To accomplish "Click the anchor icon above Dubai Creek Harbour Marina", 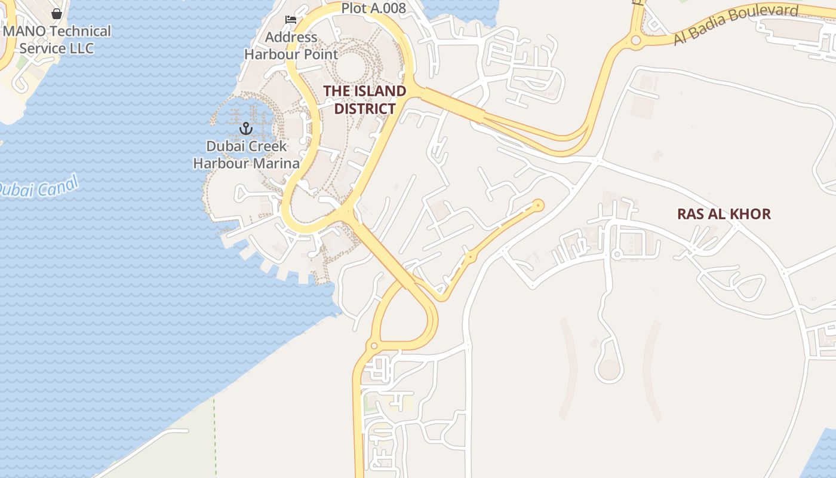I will point(245,128).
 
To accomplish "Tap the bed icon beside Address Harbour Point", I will point(291,20).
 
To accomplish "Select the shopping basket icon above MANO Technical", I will point(57,13).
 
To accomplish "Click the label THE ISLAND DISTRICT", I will point(364,100).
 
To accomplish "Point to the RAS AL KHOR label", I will point(724,214).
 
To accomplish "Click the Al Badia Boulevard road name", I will point(736,25).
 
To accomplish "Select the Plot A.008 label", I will point(374,8).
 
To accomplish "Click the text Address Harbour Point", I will point(291,45).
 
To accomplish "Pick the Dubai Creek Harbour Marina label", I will point(246,155).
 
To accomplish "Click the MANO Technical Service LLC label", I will point(57,39).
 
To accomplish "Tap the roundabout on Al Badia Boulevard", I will point(635,41).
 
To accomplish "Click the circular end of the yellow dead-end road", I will point(539,206).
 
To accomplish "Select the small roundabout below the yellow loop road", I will point(374,345).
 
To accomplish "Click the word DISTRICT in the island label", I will point(364,109).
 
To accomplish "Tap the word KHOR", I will point(750,214).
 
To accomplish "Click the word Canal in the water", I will point(58,185).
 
